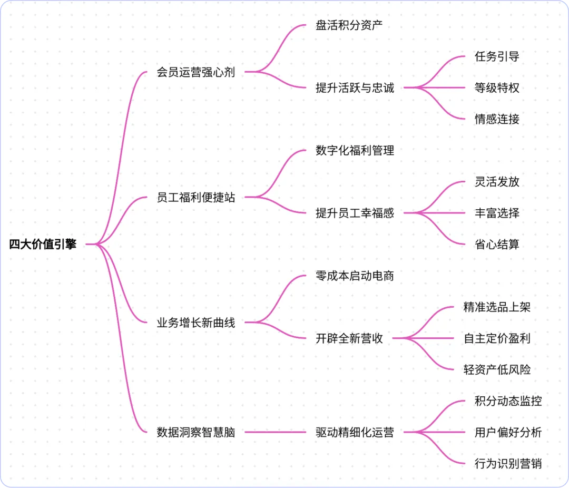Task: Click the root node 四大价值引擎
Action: pyautogui.click(x=43, y=244)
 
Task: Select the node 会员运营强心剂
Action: pyautogui.click(x=196, y=72)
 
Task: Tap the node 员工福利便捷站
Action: pyautogui.click(x=196, y=198)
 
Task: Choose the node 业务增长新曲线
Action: pyautogui.click(x=196, y=323)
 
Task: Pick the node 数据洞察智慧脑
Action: pyautogui.click(x=196, y=433)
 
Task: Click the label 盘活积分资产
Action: pyautogui.click(x=348, y=25)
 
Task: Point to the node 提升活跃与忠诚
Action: pyautogui.click(x=355, y=88)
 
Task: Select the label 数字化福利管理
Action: pyautogui.click(x=355, y=151)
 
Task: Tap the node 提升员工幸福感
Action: pyautogui.click(x=355, y=213)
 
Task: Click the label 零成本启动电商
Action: pyautogui.click(x=355, y=276)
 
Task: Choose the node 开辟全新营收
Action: pyautogui.click(x=349, y=338)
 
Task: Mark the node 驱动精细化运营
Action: pyautogui.click(x=355, y=433)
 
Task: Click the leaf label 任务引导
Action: pyautogui.click(x=497, y=56)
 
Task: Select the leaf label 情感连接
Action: pyautogui.click(x=497, y=119)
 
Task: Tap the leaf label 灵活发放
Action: pyautogui.click(x=497, y=182)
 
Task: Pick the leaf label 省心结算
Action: pyautogui.click(x=497, y=245)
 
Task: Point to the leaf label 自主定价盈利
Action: pyautogui.click(x=497, y=338)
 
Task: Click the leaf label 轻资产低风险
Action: pyautogui.click(x=497, y=369)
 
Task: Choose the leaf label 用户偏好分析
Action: pyautogui.click(x=508, y=433)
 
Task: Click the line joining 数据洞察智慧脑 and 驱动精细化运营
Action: pyautogui.click(x=275, y=433)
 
